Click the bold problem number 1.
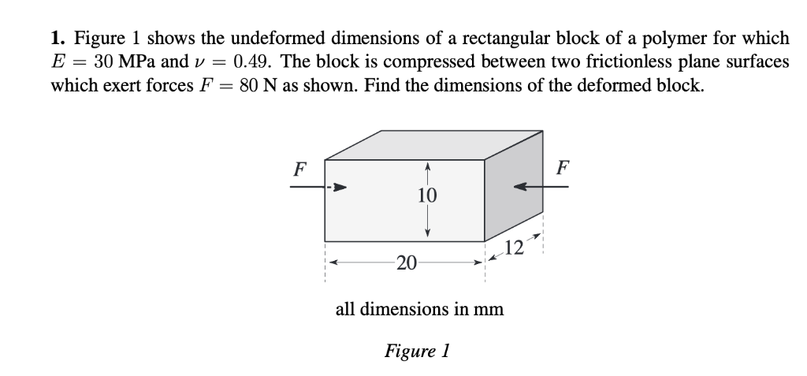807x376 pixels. (x=57, y=38)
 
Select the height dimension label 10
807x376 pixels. (x=427, y=195)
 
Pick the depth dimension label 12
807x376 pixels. (x=513, y=249)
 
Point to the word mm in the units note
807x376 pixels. (x=488, y=309)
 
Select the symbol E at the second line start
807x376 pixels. (x=58, y=61)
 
